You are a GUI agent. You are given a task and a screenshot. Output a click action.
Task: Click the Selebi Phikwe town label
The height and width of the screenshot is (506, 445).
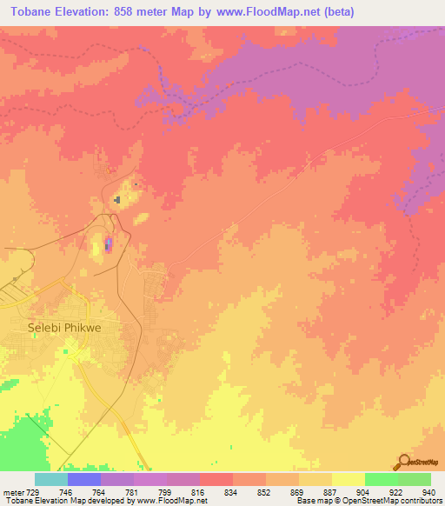[x=53, y=328]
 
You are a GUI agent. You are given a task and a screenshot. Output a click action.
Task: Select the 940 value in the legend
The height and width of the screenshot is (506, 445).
[x=428, y=491]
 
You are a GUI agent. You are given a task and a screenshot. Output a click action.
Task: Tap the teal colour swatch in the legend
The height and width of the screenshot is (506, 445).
[x=51, y=479]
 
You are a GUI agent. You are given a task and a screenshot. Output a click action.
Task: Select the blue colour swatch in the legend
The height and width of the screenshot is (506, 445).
[x=84, y=479]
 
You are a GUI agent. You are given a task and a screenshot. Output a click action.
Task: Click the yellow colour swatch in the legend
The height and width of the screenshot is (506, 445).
[x=348, y=479]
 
